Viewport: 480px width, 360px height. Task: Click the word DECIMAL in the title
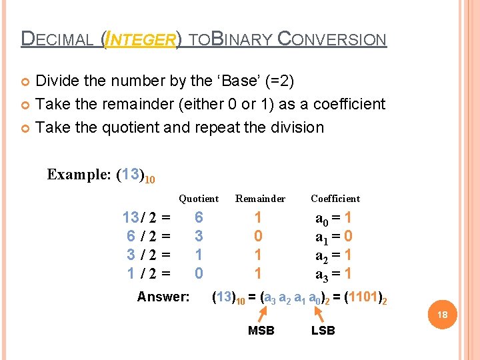tap(58, 39)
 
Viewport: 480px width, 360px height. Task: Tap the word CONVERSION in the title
tap(331, 39)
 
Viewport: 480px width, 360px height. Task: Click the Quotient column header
tap(199, 199)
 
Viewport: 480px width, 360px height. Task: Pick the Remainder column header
tap(260, 199)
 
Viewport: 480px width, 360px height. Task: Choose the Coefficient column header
tap(335, 199)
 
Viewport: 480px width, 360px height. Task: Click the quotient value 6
tap(199, 217)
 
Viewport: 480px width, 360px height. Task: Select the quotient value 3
tap(199, 236)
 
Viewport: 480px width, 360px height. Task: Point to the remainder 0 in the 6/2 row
tap(258, 236)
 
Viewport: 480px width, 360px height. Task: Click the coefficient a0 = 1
tap(334, 217)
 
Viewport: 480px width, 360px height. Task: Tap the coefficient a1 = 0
tap(334, 236)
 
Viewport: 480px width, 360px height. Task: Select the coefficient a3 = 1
tap(334, 273)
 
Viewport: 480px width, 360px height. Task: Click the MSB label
tap(261, 331)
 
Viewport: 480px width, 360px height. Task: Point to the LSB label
tap(323, 331)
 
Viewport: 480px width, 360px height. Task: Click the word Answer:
tap(163, 297)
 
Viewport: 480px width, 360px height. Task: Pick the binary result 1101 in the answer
tap(363, 297)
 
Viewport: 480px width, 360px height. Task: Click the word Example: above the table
tap(79, 175)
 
